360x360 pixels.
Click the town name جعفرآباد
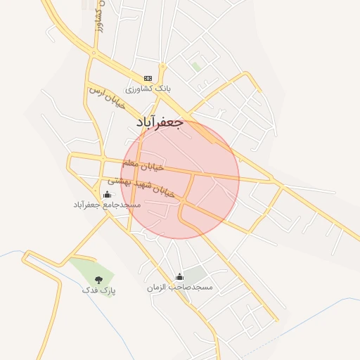(x=159, y=123)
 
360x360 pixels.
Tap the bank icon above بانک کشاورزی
(x=148, y=78)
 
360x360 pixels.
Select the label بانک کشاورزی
(x=148, y=90)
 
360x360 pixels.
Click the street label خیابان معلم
(x=143, y=166)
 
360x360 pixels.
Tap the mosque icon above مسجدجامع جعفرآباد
(x=107, y=194)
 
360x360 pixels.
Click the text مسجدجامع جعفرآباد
(x=107, y=205)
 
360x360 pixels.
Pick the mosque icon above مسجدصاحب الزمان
(x=179, y=277)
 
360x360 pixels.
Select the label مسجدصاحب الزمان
(x=179, y=288)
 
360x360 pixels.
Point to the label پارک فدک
(x=98, y=290)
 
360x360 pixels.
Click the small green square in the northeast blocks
(x=196, y=67)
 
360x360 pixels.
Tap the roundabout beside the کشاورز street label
(x=93, y=53)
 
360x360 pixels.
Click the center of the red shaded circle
(x=180, y=180)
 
